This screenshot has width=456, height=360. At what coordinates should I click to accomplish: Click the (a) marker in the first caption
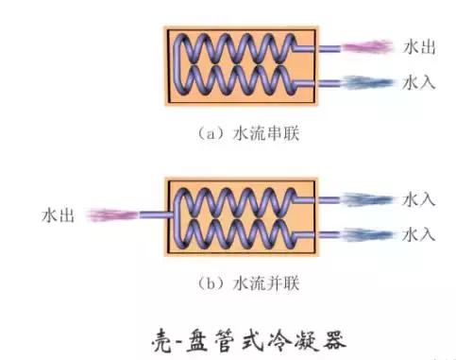(x=210, y=134)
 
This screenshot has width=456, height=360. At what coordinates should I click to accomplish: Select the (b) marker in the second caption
(x=210, y=283)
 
